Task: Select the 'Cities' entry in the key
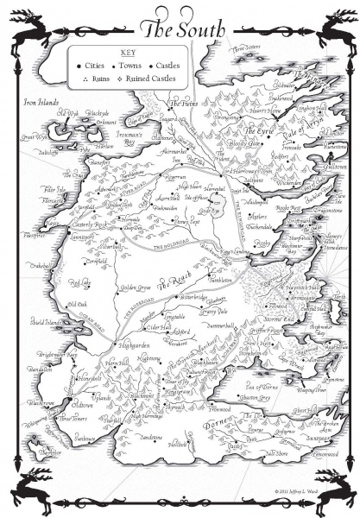coord(98,65)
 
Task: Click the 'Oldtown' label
coord(83,404)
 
